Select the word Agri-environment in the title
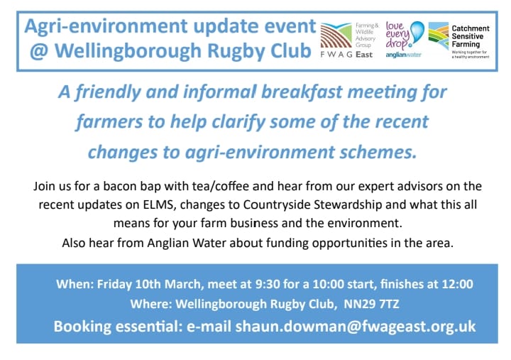click(x=99, y=27)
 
